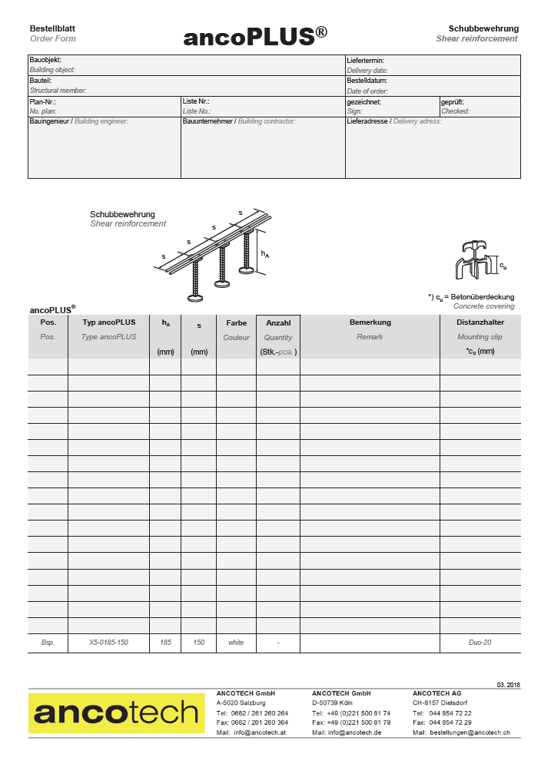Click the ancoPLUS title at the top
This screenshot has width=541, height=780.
255,37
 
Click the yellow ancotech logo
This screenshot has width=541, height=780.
117,713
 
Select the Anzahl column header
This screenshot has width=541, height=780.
277,322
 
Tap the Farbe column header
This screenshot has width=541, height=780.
236,322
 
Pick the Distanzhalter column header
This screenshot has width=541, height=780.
480,322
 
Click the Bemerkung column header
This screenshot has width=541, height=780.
370,322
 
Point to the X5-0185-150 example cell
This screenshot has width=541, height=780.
108,643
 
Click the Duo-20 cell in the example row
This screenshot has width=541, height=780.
480,643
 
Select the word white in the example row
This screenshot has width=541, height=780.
236,643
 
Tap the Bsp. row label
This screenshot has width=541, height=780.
48,643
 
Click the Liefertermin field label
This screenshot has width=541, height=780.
366,60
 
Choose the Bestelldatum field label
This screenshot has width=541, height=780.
367,81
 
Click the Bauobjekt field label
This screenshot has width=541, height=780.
45,60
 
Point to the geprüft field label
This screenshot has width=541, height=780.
452,101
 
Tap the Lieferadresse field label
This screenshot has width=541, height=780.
368,121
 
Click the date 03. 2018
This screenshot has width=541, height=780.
508,684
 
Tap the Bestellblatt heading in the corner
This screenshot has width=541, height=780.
52,28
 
